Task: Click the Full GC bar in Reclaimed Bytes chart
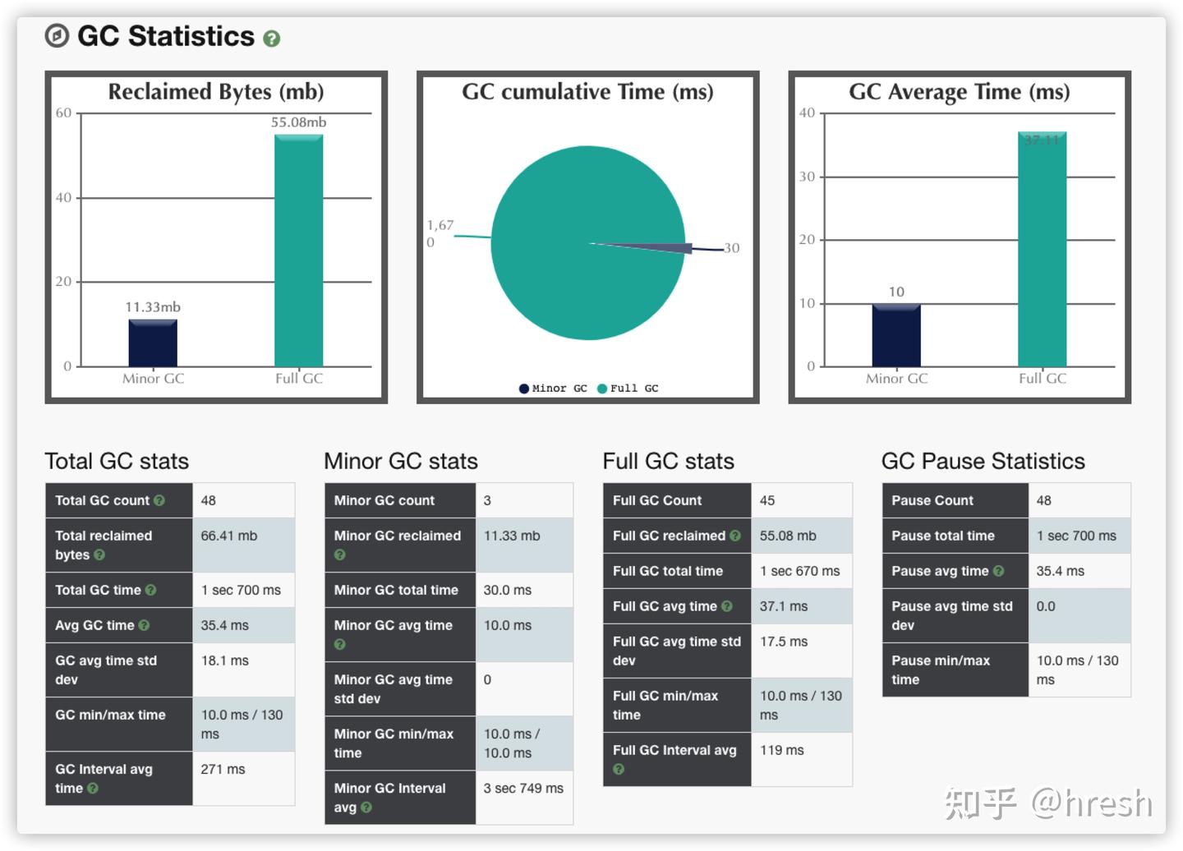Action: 298,251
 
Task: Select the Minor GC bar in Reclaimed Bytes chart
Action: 153,343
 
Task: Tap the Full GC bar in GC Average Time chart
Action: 1042,251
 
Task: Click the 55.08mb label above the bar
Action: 298,122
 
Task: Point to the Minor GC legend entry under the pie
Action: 553,389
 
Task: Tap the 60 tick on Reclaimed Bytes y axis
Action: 63,113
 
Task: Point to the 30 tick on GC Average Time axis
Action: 807,177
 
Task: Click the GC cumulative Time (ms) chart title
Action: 587,92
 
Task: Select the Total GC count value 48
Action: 209,500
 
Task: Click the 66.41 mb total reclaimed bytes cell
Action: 229,536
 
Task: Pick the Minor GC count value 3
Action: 487,500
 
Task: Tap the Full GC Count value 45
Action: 767,500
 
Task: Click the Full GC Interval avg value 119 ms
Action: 782,750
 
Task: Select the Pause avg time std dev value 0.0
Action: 1046,606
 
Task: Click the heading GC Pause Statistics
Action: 983,461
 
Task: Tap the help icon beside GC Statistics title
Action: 271,39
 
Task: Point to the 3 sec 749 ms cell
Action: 523,788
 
